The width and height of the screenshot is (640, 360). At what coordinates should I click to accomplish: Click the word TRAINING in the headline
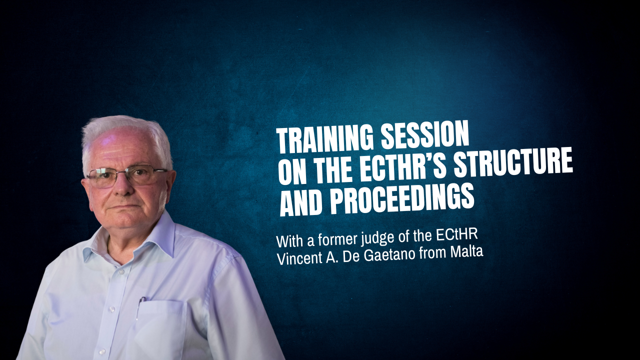click(x=325, y=140)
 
